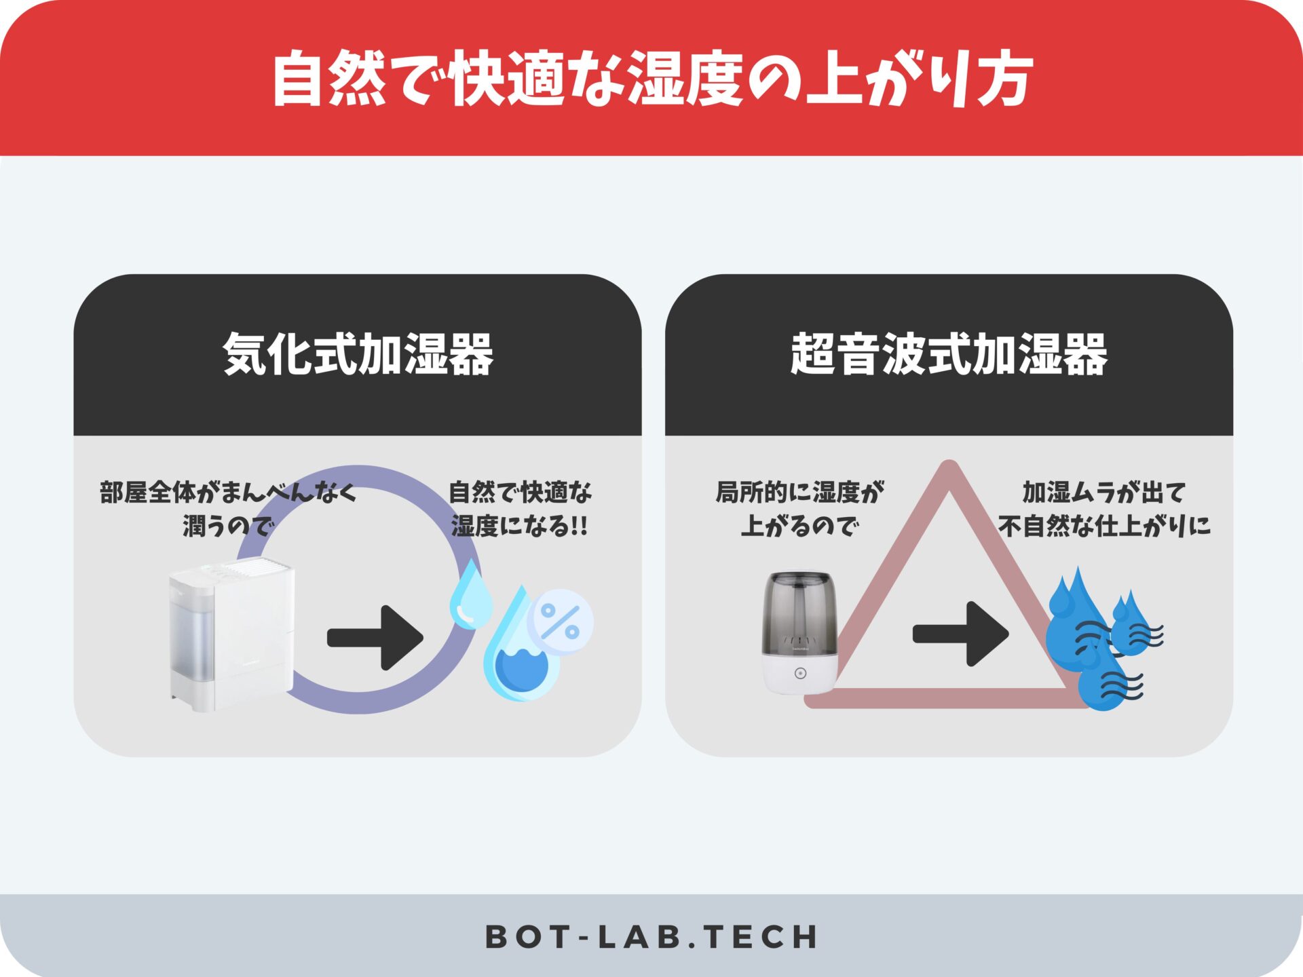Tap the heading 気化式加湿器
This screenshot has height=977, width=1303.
click(358, 354)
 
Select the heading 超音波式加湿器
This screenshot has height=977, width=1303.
click(949, 354)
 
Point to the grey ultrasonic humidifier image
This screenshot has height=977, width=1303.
click(800, 633)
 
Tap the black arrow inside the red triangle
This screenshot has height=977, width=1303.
click(960, 634)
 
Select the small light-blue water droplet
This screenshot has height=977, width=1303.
click(472, 594)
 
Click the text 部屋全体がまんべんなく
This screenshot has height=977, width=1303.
click(228, 493)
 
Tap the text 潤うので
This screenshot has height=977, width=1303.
click(228, 526)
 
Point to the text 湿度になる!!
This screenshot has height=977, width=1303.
click(520, 526)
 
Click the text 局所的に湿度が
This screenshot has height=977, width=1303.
click(800, 493)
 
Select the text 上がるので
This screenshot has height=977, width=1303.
click(800, 526)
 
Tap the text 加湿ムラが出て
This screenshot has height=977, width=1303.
click(1104, 493)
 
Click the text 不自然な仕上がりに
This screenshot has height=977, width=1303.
click(1104, 526)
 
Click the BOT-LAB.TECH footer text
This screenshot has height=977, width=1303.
click(651, 937)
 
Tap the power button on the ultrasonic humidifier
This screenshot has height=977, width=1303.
click(801, 673)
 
